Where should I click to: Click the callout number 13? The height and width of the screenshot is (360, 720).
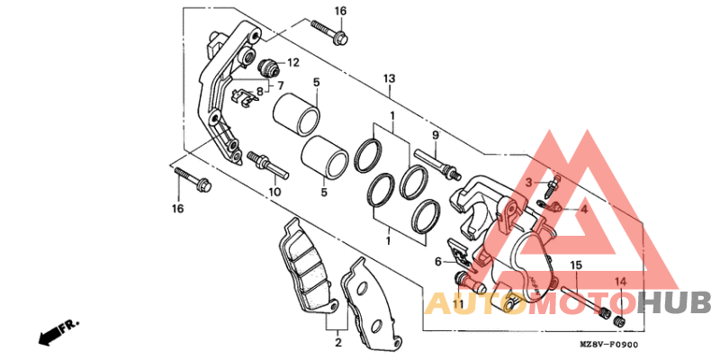click(389, 79)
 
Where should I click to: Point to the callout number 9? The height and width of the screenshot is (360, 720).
click(434, 136)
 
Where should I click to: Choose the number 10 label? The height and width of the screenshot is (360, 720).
click(274, 192)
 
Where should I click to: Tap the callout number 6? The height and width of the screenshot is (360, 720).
click(438, 261)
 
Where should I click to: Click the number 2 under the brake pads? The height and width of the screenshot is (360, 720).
click(337, 343)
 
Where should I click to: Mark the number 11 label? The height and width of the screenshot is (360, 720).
click(457, 305)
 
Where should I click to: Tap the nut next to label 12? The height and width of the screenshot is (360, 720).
click(267, 67)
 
